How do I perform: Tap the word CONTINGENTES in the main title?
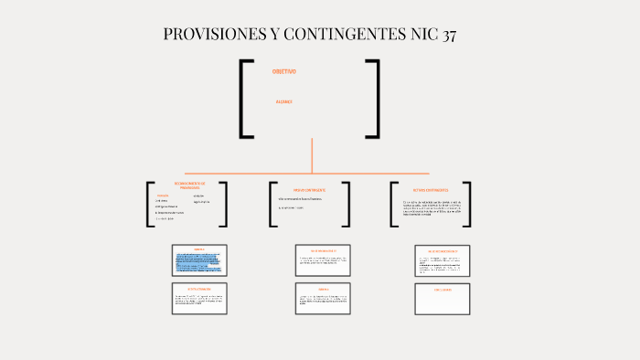(339, 36)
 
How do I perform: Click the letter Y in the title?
(274, 36)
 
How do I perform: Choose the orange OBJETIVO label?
(283, 71)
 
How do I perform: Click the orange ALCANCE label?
(283, 101)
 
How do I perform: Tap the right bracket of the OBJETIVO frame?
(375, 99)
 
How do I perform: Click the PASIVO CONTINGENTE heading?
(309, 189)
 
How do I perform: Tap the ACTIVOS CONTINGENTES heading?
(430, 189)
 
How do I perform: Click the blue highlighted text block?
(198, 263)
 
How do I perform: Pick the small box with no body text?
(443, 299)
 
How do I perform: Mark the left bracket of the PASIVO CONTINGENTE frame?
(272, 204)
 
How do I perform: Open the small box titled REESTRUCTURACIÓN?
(199, 299)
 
